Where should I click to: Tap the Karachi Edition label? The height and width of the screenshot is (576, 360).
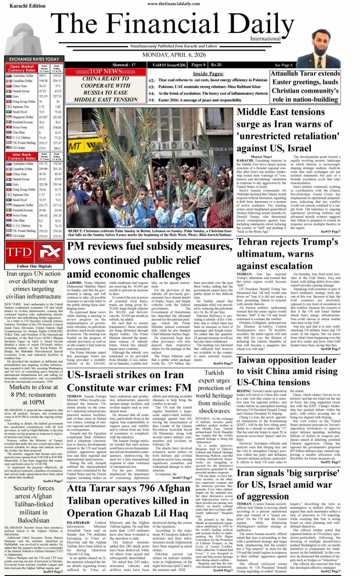point(22,6)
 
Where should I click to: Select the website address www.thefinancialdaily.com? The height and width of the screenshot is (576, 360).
point(173,3)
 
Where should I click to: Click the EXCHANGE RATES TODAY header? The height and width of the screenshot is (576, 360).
point(34,59)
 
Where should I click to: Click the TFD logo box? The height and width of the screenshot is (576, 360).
point(19,252)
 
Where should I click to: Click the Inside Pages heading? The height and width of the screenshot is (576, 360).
point(208,74)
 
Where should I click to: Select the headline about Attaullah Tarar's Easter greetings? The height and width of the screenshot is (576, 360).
point(305,86)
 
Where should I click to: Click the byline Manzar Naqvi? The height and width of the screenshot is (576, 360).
point(261,157)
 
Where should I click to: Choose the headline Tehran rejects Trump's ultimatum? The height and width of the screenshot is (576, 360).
point(288,254)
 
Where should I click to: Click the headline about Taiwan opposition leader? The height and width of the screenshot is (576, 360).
point(287,371)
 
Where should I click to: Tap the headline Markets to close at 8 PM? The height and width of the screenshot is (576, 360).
point(34,394)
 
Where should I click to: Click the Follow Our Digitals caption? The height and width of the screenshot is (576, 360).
point(34,266)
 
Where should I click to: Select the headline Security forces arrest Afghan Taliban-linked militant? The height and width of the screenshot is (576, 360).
point(34,504)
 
